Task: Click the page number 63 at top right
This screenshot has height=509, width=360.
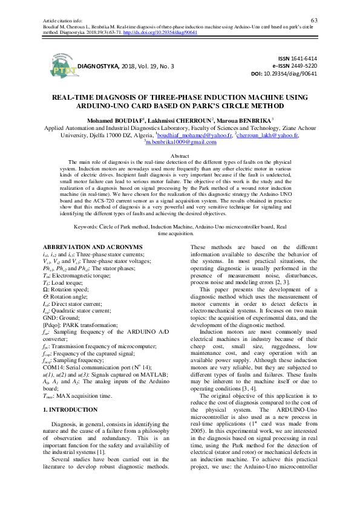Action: [314, 4]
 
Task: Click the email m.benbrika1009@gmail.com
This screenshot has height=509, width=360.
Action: [182, 143]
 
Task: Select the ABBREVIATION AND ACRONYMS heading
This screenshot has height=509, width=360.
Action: [89, 248]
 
